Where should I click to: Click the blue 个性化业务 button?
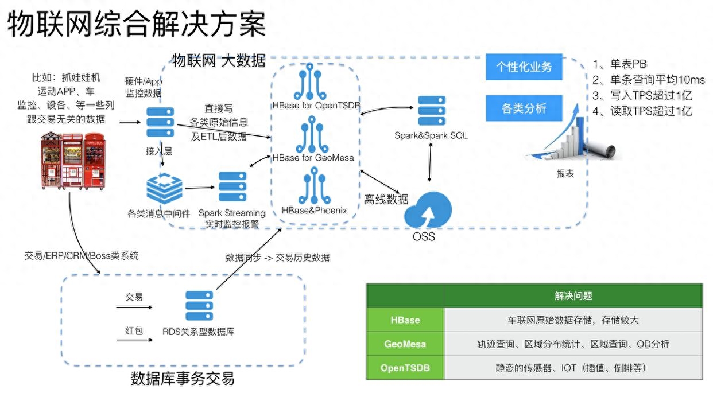(524, 67)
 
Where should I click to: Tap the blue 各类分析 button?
(524, 108)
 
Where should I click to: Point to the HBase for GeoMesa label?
(313, 157)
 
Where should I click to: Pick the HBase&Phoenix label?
(315, 211)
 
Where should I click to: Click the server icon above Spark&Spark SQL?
(432, 112)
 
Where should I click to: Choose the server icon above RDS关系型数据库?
(199, 306)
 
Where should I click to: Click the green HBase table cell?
(405, 320)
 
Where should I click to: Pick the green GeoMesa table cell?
(405, 344)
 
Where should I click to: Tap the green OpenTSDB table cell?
(405, 368)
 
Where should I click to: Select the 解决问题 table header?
(573, 296)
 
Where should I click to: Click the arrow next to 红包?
(134, 341)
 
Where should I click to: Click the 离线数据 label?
(386, 199)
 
